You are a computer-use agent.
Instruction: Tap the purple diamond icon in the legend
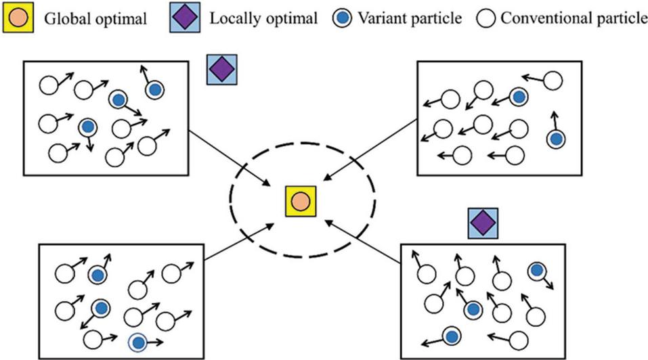point(183,17)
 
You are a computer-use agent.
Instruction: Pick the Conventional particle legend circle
point(487,18)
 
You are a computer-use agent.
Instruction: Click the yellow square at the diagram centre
point(299,201)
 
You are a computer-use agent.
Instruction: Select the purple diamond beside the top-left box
point(221,68)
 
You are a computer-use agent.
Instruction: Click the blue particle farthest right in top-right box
point(556,139)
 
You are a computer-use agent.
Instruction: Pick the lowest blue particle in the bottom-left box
point(137,342)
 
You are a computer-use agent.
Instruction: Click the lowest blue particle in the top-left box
point(87,127)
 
